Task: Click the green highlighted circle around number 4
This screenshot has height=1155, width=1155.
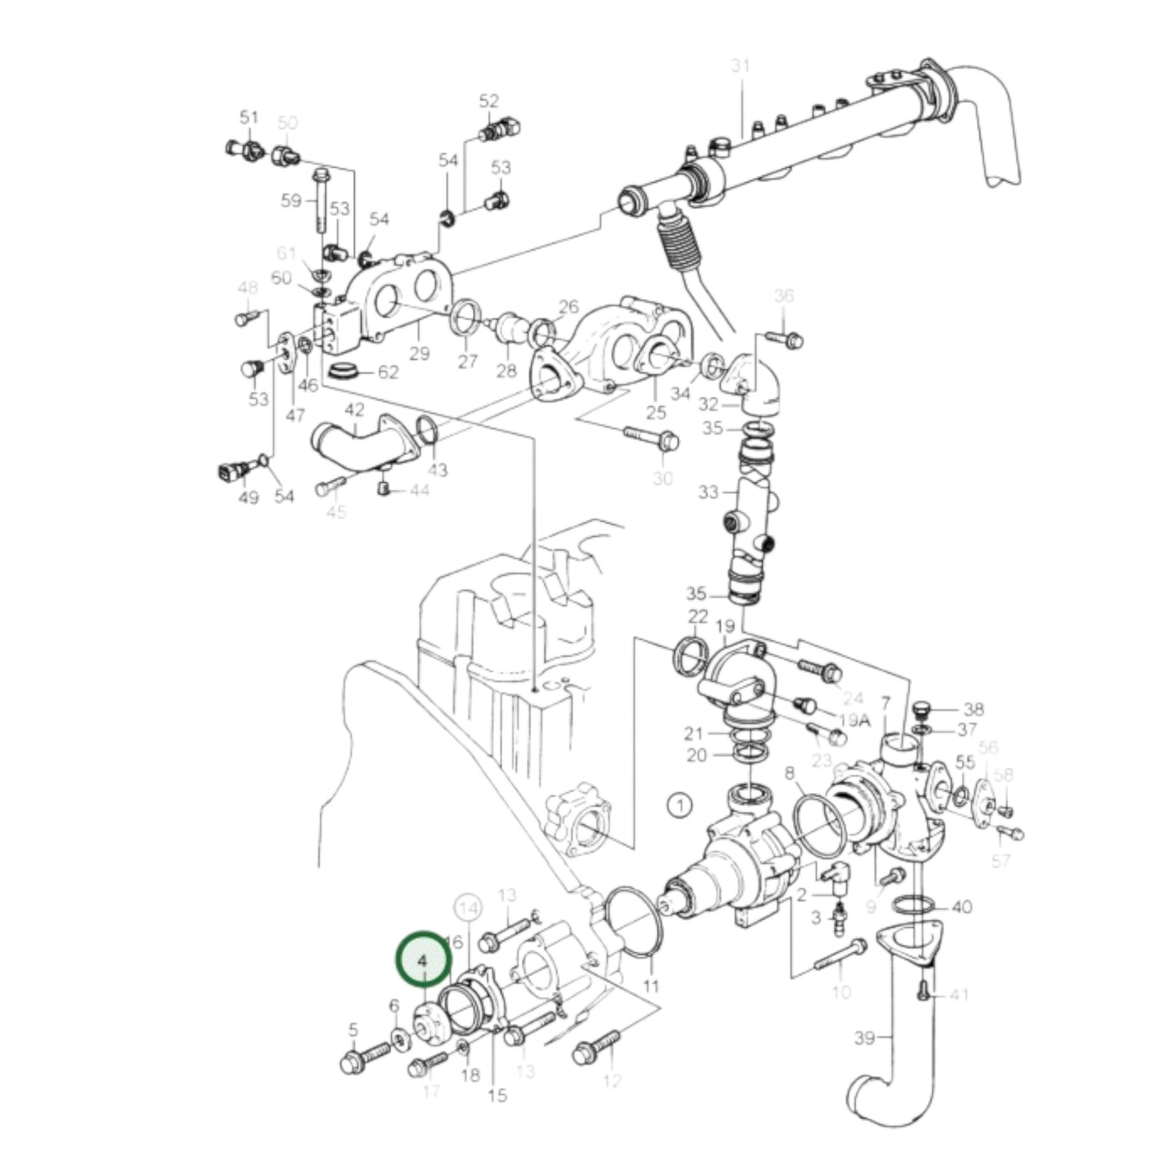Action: coord(424,958)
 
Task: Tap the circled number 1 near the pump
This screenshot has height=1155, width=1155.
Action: coord(679,805)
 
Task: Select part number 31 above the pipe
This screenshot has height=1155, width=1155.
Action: coord(741,66)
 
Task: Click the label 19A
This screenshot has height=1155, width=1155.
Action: coord(854,719)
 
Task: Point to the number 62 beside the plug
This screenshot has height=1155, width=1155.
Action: coord(388,372)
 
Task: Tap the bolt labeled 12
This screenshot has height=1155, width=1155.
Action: coord(595,1045)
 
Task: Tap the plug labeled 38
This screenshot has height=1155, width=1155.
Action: coord(922,711)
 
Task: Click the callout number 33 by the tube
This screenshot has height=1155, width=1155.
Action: coord(708,492)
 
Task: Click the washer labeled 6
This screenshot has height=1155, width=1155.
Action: coord(399,1039)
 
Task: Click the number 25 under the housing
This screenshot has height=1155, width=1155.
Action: coord(655,412)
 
